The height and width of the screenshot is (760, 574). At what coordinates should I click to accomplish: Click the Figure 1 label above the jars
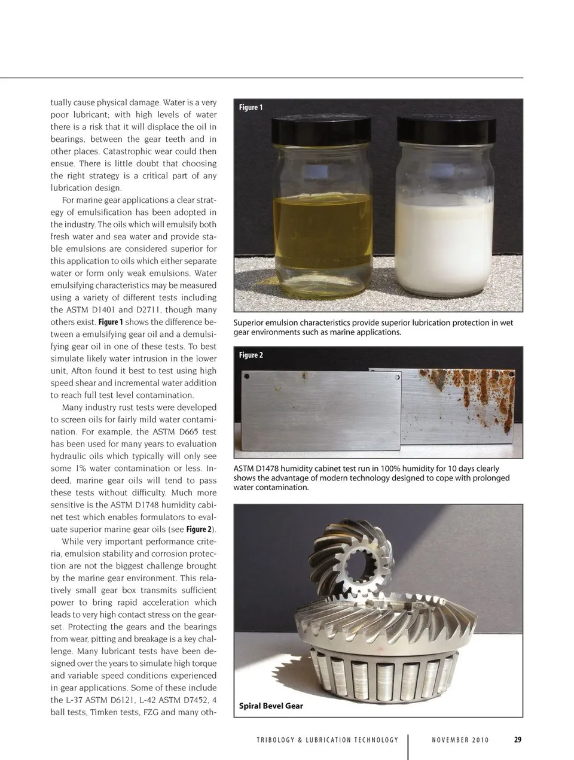[251, 108]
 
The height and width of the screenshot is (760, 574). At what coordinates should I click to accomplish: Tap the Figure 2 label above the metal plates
[251, 355]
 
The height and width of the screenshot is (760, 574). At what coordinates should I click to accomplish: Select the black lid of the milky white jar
[446, 130]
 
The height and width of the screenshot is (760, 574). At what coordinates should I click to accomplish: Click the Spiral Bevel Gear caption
[271, 706]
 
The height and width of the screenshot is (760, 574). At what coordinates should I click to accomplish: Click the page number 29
[518, 740]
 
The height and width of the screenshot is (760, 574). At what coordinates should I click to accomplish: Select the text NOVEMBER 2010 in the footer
[460, 740]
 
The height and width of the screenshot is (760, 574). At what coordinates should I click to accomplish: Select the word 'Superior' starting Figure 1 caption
[249, 323]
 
